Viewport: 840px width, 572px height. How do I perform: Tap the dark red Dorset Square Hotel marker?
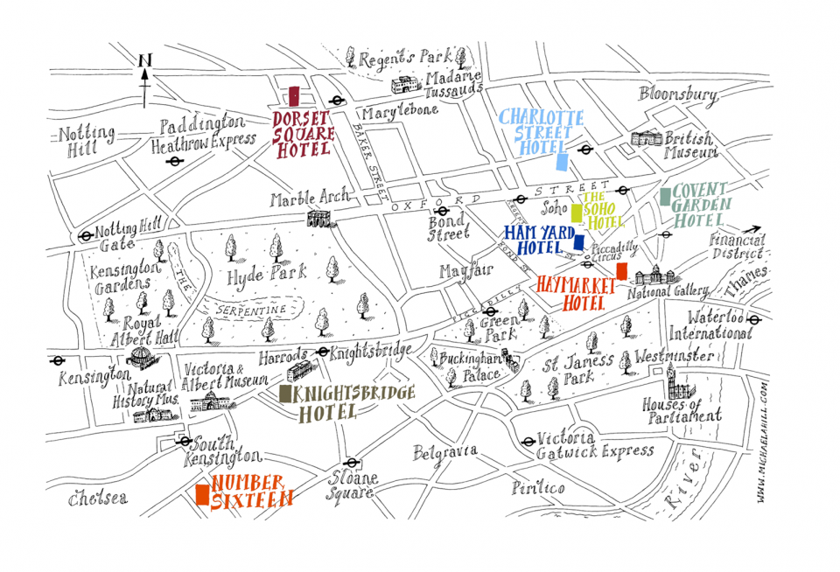click(x=295, y=96)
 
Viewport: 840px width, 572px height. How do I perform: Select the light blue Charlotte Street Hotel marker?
click(x=562, y=162)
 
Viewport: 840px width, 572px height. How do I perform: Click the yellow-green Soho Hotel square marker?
click(x=577, y=212)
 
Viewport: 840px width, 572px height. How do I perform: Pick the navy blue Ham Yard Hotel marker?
click(x=578, y=242)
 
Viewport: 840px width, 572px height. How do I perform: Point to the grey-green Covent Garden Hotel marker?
click(x=665, y=197)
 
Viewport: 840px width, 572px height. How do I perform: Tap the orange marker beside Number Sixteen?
click(x=202, y=495)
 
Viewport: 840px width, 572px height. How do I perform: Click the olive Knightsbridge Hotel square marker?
click(x=284, y=394)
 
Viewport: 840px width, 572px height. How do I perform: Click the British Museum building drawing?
click(x=647, y=140)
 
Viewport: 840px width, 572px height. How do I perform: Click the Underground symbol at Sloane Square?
click(x=351, y=464)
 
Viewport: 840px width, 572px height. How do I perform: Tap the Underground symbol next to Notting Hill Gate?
click(x=86, y=236)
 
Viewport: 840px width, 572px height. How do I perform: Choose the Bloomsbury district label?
click(x=678, y=94)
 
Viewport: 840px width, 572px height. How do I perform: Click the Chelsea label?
click(x=97, y=498)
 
